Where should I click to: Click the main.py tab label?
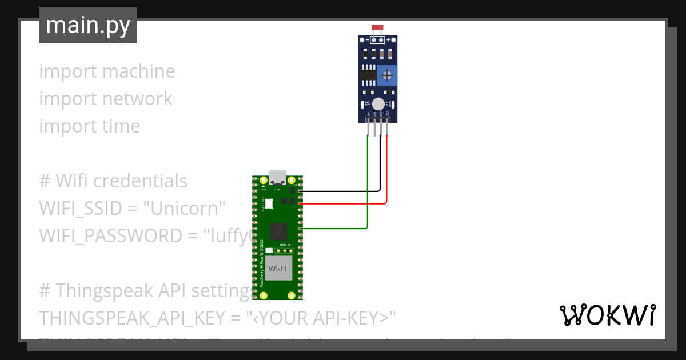[x=87, y=25]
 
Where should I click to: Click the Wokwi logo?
[x=608, y=315]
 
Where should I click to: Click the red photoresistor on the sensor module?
[x=377, y=27]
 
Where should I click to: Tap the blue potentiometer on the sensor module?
[x=387, y=75]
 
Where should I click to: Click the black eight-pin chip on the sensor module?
[x=369, y=75]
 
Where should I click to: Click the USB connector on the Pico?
[x=278, y=177]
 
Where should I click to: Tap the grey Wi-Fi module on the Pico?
[x=277, y=269]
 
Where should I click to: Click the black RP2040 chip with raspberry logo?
[x=278, y=232]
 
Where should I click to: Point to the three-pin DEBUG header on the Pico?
[x=285, y=250]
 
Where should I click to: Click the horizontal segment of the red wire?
[x=343, y=203]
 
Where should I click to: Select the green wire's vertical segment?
[x=368, y=183]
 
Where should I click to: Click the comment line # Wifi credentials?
[x=113, y=181]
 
